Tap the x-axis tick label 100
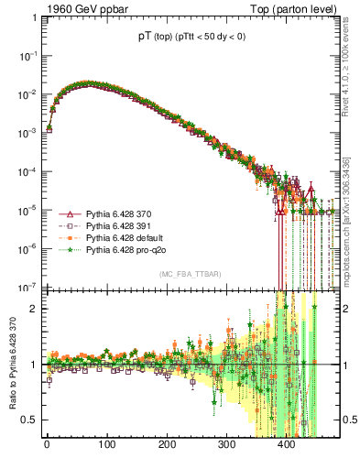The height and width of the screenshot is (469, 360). pyautogui.click(x=106, y=445)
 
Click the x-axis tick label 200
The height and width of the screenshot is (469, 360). pyautogui.click(x=167, y=445)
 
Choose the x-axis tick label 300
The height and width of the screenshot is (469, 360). pyautogui.click(x=226, y=445)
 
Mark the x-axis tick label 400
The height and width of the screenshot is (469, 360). pyautogui.click(x=286, y=445)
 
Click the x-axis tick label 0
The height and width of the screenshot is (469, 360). pyautogui.click(x=47, y=445)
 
